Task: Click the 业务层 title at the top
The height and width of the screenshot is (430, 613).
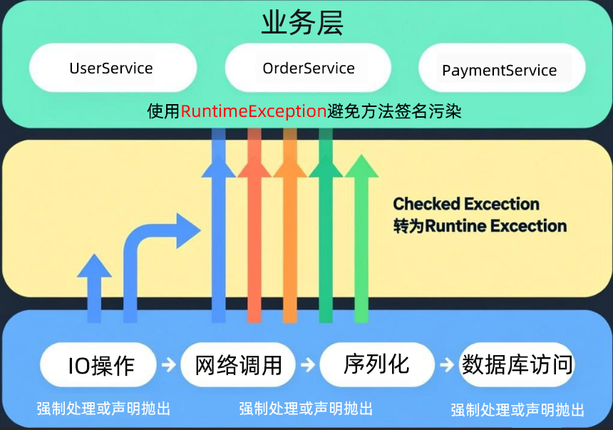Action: [302, 23]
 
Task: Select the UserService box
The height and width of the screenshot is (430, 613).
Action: [112, 68]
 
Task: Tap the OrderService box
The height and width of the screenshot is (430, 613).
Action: [308, 68]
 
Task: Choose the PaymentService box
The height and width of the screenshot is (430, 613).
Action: [499, 71]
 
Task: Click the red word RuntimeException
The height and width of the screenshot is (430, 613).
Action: [254, 112]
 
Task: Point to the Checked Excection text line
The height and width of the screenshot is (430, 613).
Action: [466, 204]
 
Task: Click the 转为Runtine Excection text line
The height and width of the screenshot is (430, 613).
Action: [480, 226]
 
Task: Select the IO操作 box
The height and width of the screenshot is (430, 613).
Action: [101, 365]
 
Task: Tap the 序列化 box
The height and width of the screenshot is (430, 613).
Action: [376, 364]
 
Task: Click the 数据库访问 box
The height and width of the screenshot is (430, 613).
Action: [517, 364]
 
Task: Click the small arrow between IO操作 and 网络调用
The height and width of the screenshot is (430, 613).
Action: [168, 365]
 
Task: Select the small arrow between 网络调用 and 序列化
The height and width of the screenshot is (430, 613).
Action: [307, 365]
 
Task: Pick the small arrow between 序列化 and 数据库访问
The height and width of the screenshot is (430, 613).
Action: [446, 365]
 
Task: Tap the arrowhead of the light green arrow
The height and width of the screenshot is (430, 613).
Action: [362, 168]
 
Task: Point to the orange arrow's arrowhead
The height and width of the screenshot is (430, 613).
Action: [289, 165]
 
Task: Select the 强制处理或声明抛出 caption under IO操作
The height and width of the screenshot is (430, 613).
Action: [104, 409]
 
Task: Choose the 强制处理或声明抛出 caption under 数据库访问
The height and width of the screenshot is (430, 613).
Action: [517, 410]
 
